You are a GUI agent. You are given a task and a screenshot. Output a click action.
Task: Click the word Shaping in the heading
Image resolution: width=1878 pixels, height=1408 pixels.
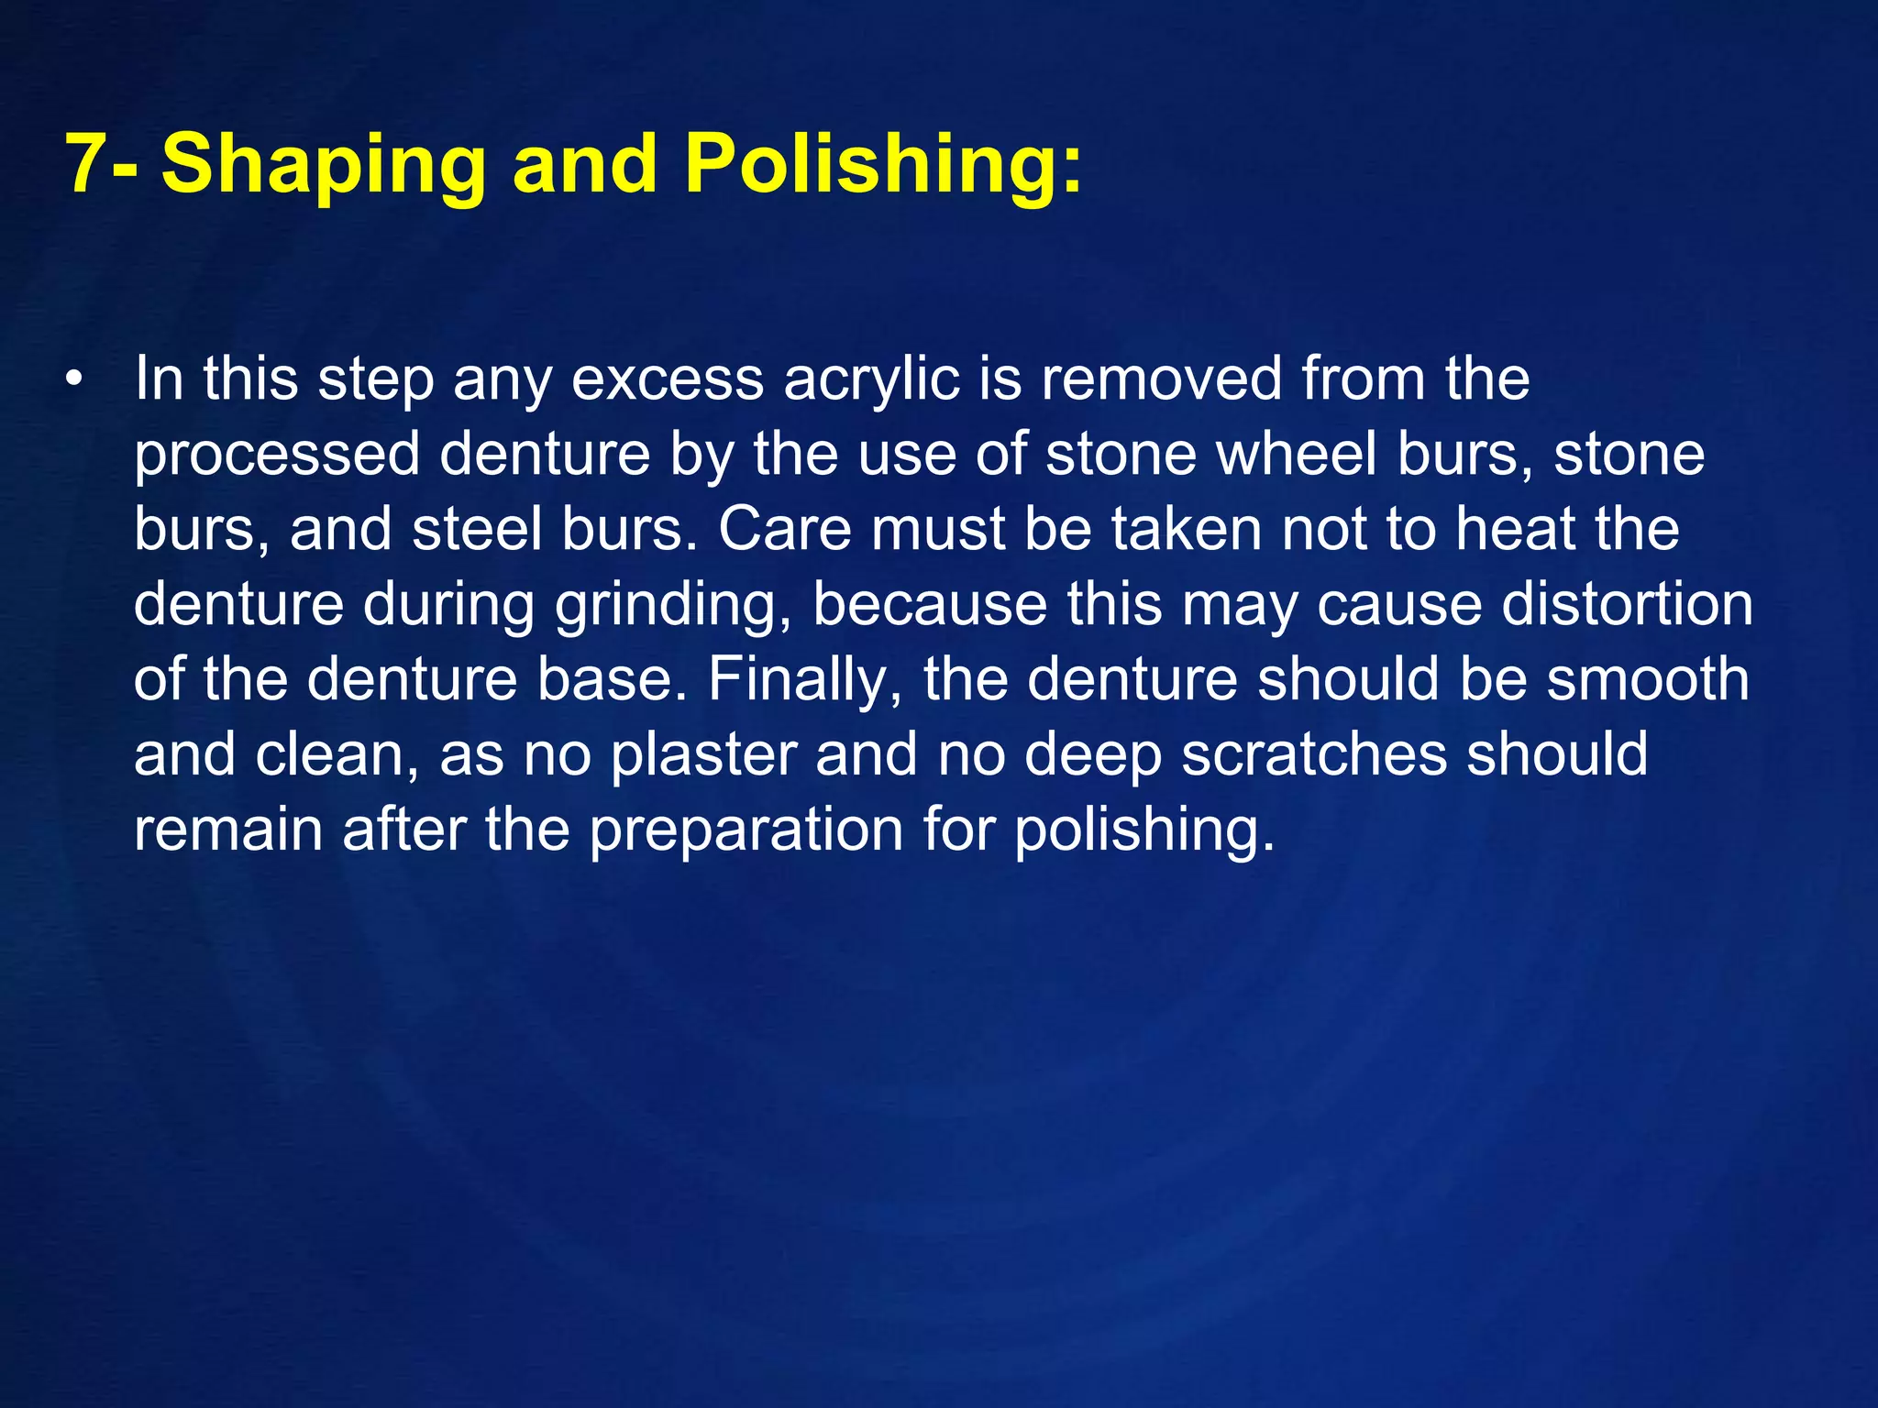pos(323,165)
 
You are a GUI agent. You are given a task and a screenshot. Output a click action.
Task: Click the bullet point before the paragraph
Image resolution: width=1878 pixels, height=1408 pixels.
pos(74,379)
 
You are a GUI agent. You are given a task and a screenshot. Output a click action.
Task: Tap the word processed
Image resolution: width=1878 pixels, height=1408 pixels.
pos(277,455)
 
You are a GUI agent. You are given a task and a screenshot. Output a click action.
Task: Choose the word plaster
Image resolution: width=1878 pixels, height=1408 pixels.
pos(703,755)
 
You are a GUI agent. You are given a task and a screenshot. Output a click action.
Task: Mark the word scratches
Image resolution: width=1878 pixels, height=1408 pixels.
pos(1314,755)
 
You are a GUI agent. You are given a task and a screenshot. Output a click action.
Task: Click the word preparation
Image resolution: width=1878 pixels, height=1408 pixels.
pos(746,830)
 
